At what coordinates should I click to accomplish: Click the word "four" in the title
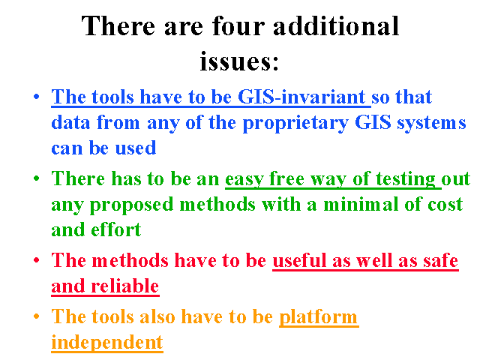[238, 26]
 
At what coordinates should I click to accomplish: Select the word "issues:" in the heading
[239, 61]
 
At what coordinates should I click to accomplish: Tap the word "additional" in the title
[336, 26]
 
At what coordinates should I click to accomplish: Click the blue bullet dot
[37, 97]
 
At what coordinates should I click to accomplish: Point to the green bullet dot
[37, 178]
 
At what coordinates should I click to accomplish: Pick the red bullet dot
[37, 260]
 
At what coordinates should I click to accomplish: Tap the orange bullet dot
[37, 316]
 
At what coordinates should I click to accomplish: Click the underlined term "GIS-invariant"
[301, 97]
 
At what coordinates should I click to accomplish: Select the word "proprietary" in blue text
[295, 123]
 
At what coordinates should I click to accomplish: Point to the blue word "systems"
[431, 123]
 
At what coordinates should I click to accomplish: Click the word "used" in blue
[136, 148]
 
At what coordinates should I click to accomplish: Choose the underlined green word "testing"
[405, 179]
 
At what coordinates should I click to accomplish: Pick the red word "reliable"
[125, 286]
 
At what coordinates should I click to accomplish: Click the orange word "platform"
[318, 316]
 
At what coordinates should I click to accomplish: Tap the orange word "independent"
[107, 343]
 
